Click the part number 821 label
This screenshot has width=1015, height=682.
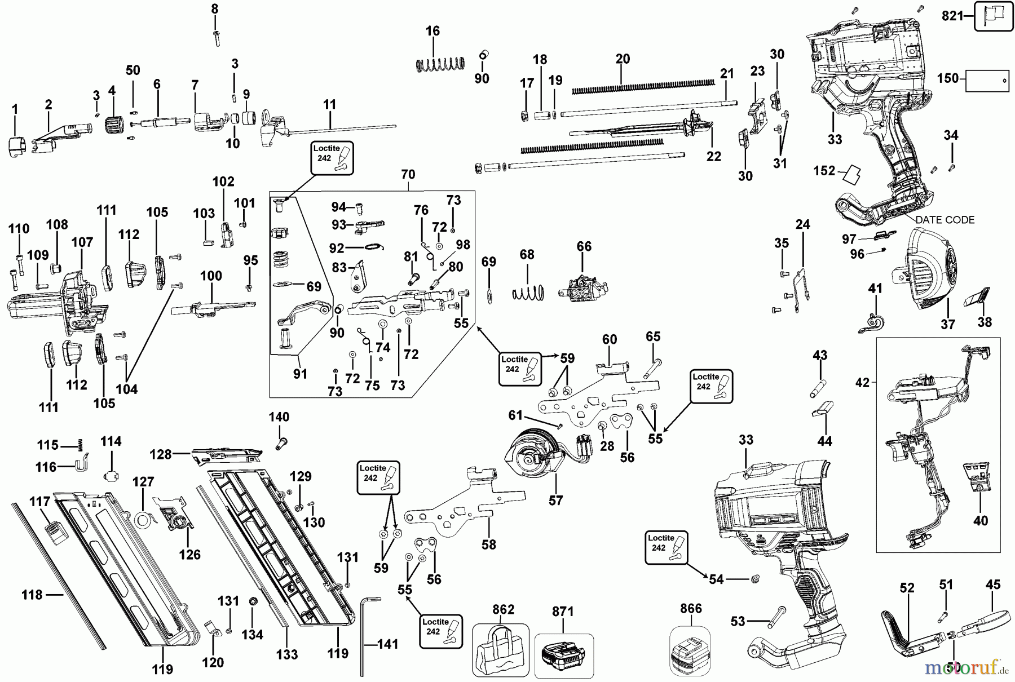tap(953, 16)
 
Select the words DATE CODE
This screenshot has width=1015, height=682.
tap(945, 220)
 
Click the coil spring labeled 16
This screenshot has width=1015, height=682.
tap(440, 64)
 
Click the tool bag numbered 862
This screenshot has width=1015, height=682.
tap(500, 650)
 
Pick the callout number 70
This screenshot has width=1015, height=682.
tap(408, 175)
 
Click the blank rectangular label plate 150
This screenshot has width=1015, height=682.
tap(987, 81)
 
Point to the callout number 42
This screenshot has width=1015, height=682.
tap(862, 383)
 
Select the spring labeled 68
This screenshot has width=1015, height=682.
tap(528, 292)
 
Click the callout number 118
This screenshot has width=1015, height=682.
tap(32, 595)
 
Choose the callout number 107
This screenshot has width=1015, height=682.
tap(82, 242)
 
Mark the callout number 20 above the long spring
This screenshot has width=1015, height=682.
tap(623, 59)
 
